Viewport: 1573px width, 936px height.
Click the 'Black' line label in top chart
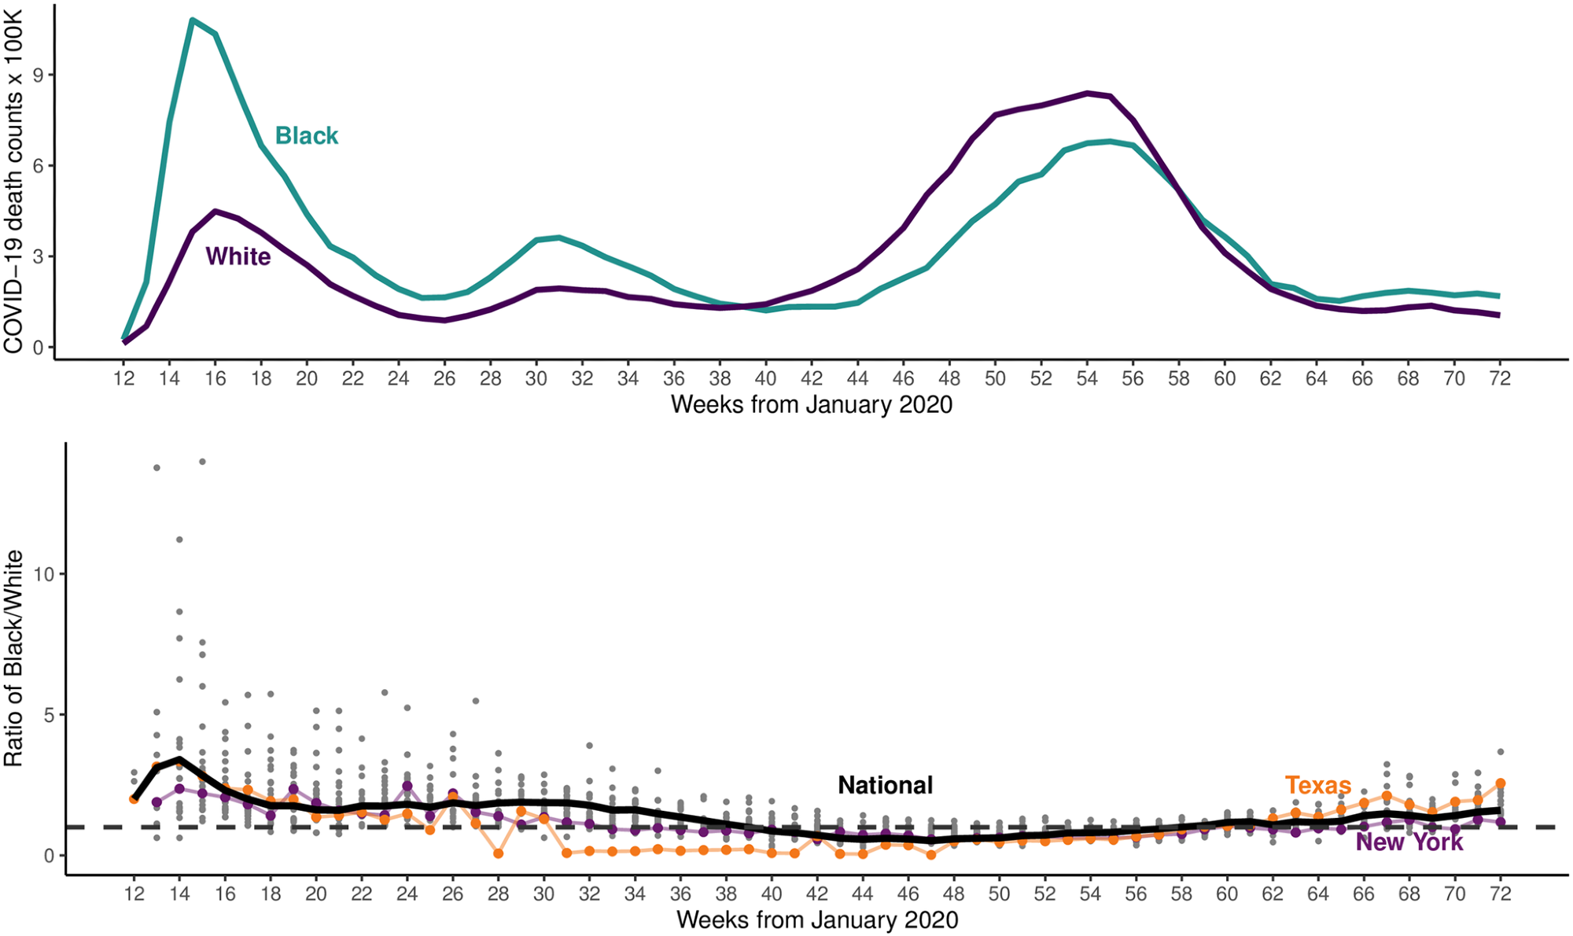click(306, 136)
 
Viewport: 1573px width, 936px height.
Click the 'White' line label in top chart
click(238, 256)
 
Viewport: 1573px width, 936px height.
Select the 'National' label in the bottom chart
click(885, 785)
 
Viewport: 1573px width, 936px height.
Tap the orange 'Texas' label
click(1317, 785)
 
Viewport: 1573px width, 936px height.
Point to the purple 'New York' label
click(1409, 842)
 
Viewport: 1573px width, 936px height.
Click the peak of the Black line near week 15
click(193, 20)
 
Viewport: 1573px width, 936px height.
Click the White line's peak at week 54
click(1087, 93)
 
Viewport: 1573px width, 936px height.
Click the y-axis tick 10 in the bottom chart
click(44, 574)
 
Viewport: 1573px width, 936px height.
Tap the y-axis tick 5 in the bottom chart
click(50, 715)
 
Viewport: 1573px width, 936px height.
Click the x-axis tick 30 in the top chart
click(536, 379)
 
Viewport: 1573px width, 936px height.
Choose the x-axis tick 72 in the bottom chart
click(1500, 894)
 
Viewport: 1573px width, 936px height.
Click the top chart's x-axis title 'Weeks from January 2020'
click(811, 405)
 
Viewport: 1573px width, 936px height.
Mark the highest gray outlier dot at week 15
click(202, 462)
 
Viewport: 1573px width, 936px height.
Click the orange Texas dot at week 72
click(1500, 783)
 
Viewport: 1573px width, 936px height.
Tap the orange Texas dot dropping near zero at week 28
click(498, 853)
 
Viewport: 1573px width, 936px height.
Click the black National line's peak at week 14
click(179, 759)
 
